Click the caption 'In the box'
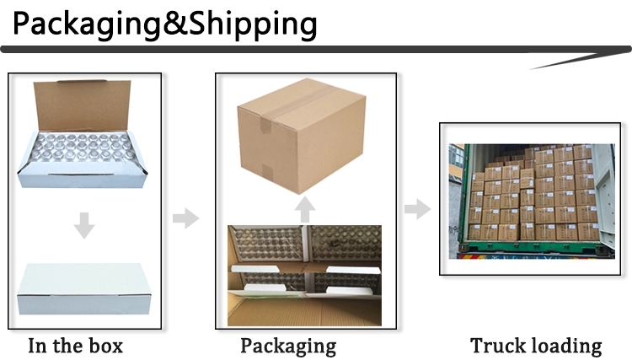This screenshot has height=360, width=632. [x=76, y=345]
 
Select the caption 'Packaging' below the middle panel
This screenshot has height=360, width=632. [x=288, y=346]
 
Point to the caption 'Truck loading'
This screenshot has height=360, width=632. [x=536, y=345]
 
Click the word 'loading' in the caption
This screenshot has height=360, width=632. [x=567, y=346]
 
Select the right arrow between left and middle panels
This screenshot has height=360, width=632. [x=185, y=218]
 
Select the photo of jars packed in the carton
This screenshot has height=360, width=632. [x=307, y=275]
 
